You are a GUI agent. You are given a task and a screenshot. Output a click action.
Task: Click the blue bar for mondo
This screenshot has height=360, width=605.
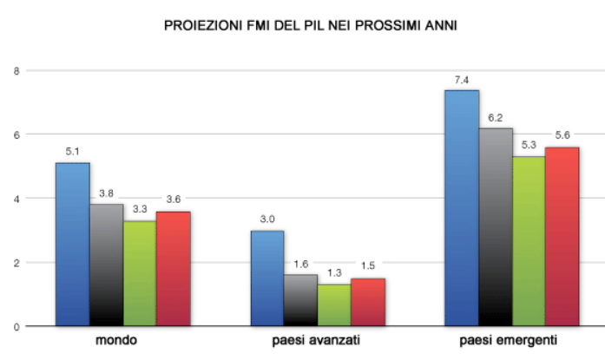[x=72, y=245]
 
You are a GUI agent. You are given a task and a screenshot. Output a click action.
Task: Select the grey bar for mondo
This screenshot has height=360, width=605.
[x=106, y=265]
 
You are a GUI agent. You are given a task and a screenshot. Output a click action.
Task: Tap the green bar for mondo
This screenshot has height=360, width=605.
[x=140, y=273]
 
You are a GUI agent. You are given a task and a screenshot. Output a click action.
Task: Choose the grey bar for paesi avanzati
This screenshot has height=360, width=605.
[x=300, y=300]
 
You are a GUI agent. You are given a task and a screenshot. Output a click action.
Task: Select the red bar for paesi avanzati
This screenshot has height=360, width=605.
[x=368, y=302]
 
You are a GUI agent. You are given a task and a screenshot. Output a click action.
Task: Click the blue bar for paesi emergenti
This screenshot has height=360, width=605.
[x=462, y=208]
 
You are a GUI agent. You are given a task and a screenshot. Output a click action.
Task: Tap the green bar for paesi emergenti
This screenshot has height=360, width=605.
[x=529, y=241]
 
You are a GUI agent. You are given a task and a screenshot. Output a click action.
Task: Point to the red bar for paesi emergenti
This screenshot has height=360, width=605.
[x=562, y=237]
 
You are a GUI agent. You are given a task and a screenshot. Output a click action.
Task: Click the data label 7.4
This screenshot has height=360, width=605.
[x=462, y=80]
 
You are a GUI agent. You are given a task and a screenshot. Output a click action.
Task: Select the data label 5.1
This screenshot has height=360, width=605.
[x=73, y=152]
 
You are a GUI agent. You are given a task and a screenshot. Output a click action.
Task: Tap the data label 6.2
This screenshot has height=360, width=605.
[x=496, y=118]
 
